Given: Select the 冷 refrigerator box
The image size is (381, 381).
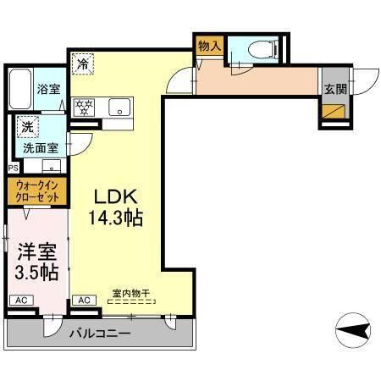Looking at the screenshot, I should pos(83,63).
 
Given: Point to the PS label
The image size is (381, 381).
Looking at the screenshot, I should pos(12,168).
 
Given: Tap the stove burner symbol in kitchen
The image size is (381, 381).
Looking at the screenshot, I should pos(85,108).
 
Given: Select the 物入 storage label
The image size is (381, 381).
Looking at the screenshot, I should pos(209,47).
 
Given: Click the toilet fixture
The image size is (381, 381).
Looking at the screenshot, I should pos(262,50).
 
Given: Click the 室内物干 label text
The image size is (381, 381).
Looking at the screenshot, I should pos(130,293).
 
